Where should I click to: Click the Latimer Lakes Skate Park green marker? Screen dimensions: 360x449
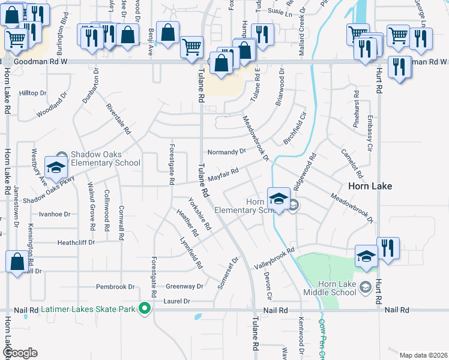tap(144, 309)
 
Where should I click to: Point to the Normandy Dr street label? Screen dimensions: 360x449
tap(227, 152)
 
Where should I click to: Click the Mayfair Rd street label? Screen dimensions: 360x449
tap(223, 175)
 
